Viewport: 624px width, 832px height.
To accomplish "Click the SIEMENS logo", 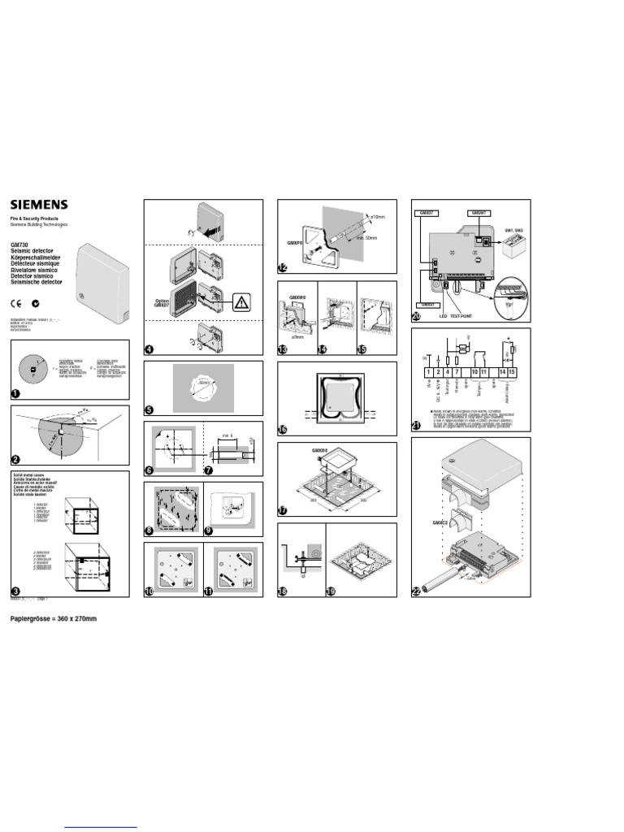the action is click(x=39, y=205).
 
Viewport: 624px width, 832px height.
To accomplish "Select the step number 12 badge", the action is click(x=283, y=268).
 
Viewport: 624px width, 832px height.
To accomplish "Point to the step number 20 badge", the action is click(x=417, y=316).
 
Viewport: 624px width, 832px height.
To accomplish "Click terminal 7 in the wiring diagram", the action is click(x=457, y=371).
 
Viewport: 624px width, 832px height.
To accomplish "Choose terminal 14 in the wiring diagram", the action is click(x=502, y=371).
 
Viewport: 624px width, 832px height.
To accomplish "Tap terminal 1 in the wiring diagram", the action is click(x=427, y=371).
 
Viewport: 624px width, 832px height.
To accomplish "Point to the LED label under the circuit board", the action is click(x=444, y=316).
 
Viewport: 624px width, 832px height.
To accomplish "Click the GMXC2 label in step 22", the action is click(x=441, y=523).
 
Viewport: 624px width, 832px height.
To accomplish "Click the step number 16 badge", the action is click(x=283, y=430).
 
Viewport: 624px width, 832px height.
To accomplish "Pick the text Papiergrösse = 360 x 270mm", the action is click(x=53, y=619).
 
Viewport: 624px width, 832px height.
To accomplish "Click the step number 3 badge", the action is click(x=15, y=591).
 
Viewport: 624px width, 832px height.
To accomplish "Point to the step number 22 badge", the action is click(x=417, y=591).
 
